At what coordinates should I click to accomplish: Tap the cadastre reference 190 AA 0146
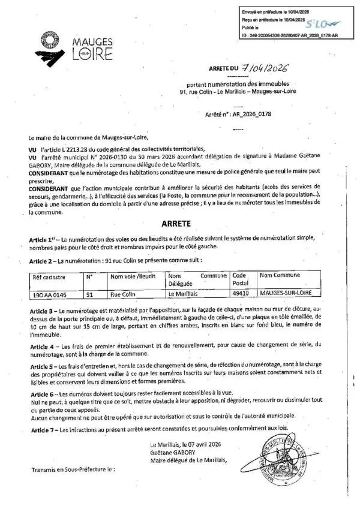click(49, 295)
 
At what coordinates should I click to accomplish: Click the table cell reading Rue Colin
click(122, 295)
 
